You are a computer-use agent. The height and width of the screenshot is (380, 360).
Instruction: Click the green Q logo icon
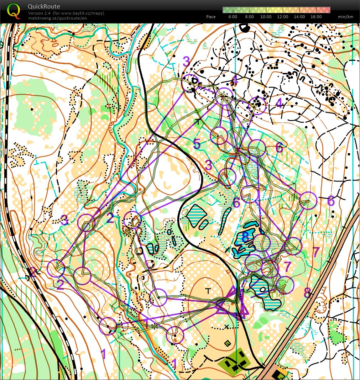(14, 10)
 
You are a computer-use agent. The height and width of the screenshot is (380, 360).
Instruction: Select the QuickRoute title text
(44, 6)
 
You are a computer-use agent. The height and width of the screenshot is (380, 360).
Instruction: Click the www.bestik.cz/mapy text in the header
(82, 13)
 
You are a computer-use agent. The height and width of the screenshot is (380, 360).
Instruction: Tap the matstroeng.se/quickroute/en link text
(57, 18)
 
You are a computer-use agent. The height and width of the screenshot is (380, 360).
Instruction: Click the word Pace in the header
(211, 17)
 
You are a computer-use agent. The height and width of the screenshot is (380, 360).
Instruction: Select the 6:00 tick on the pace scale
(233, 17)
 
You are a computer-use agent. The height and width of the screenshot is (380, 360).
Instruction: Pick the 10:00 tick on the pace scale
(266, 17)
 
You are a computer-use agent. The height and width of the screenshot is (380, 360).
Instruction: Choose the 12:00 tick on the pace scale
(283, 17)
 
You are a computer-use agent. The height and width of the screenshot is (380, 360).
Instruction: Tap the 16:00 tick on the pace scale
(316, 17)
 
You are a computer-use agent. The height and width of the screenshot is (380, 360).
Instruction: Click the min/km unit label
(345, 17)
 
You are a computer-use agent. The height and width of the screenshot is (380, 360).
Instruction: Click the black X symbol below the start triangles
(226, 326)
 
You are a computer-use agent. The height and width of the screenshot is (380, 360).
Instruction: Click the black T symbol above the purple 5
(197, 122)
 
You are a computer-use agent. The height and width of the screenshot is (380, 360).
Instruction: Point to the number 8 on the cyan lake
(245, 237)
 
